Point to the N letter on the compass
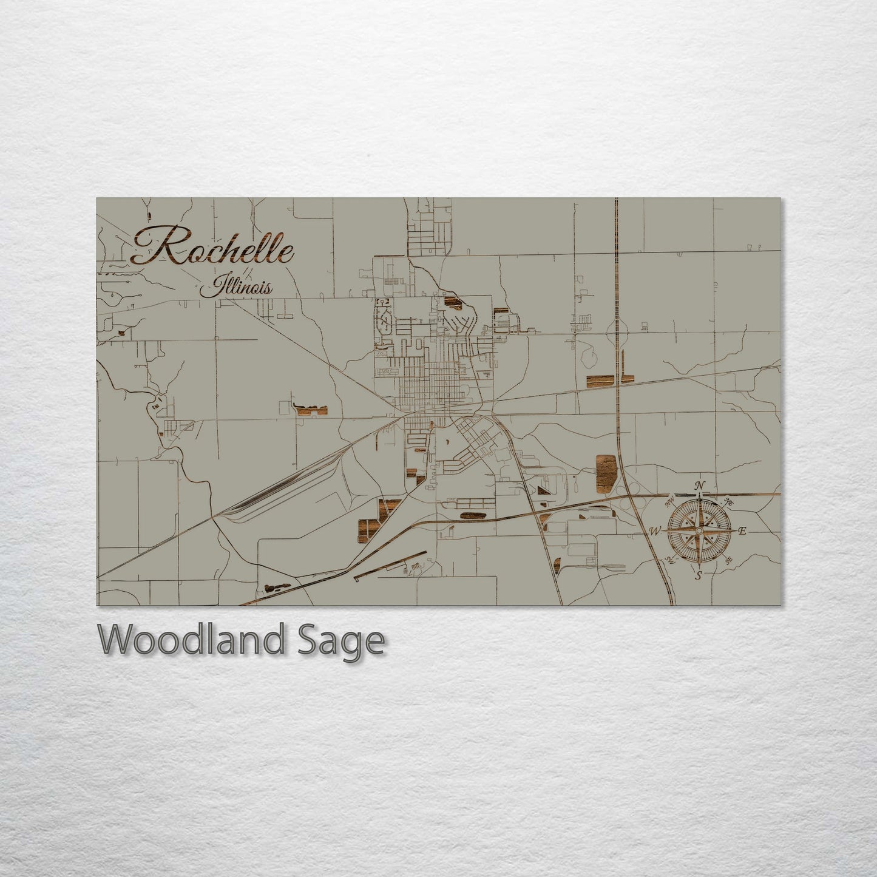tap(700, 485)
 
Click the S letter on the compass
tap(699, 575)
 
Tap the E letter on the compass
tap(742, 531)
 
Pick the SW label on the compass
tap(670, 560)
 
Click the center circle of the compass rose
tap(699, 531)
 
